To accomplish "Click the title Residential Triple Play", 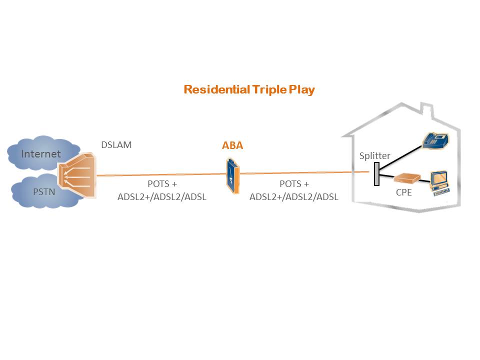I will coord(249,90).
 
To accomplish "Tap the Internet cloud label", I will coord(40,153).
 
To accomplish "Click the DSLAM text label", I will coord(116,145).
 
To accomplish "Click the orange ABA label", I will coord(232,146).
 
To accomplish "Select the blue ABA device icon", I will coord(232,176).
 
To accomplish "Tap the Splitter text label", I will coord(374,156).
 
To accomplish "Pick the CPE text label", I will coord(403,192).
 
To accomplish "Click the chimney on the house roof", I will coord(426,110).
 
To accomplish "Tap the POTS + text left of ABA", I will coord(162,184).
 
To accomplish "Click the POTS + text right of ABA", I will coord(294,184).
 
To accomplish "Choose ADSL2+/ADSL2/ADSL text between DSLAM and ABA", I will coord(162,197).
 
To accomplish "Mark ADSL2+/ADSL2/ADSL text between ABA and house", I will coord(294,197).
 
